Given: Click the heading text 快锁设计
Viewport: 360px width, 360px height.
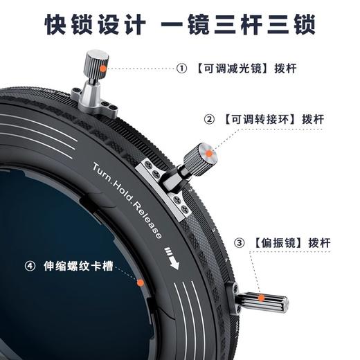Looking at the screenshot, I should coord(95,25).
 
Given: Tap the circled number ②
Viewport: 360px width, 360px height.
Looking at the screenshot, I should coord(209,119).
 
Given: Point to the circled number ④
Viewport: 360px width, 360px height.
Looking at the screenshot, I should coord(30,265).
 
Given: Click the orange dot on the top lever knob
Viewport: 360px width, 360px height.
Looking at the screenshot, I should coord(102,69).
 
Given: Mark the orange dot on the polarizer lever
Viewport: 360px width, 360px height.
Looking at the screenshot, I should coord(262,299).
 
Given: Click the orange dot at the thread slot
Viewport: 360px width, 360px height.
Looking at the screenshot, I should coord(139,282).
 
